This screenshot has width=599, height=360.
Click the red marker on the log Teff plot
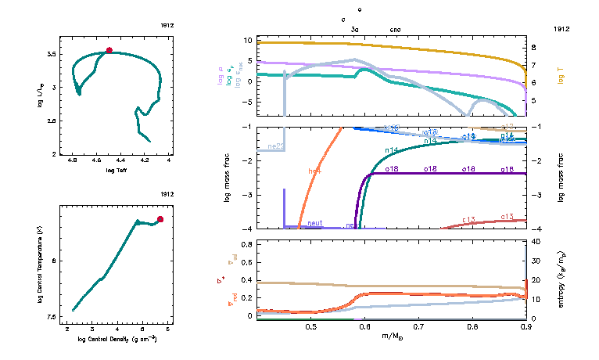(109, 50)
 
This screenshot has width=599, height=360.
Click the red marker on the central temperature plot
(160, 219)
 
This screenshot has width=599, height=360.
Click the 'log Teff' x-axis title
(116, 170)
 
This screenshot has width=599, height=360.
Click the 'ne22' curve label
(276, 146)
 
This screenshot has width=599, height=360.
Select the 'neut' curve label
(315, 223)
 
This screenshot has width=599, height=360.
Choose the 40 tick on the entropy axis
(538, 243)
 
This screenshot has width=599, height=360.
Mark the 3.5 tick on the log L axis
(51, 53)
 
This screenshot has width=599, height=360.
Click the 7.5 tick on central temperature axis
(50, 317)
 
